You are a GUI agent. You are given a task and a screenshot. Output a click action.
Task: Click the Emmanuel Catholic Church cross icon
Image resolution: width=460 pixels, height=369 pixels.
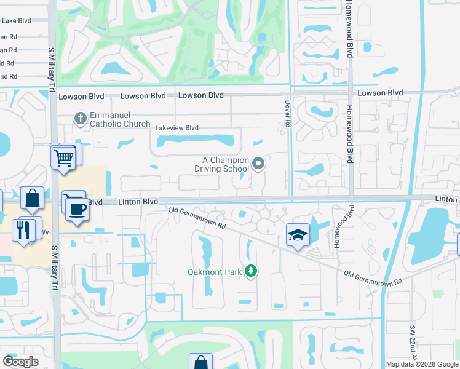(x=80, y=117)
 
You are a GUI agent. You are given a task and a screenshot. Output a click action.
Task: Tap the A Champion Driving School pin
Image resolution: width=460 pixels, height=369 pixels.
(x=259, y=164)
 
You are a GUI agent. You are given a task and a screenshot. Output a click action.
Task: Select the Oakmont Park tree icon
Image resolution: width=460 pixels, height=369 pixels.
(x=251, y=271)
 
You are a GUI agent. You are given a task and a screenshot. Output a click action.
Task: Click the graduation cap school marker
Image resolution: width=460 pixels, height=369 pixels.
(x=298, y=235)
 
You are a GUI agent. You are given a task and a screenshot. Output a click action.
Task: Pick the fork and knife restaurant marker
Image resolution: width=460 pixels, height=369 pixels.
(x=24, y=229)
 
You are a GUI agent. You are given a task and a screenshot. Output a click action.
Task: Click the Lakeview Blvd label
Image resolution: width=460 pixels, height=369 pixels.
(x=177, y=128)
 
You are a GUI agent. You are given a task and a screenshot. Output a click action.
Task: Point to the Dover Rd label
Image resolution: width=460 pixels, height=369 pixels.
(x=287, y=115)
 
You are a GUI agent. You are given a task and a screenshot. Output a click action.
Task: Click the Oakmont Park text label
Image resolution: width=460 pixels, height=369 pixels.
(x=215, y=271)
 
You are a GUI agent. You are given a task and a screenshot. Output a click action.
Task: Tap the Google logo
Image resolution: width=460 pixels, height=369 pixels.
(x=20, y=362)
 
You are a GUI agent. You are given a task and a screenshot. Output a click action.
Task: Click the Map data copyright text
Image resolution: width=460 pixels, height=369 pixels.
(x=421, y=364)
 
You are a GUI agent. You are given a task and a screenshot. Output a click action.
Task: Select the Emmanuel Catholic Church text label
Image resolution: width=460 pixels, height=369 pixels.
(x=120, y=120)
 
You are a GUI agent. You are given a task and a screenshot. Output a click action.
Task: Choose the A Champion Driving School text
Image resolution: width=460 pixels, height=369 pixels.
(x=221, y=164)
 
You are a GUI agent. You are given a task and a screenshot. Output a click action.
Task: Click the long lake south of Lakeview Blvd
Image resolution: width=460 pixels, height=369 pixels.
(x=195, y=142)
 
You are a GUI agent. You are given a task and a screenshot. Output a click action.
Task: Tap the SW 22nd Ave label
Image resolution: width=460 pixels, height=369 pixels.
(x=413, y=344)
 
